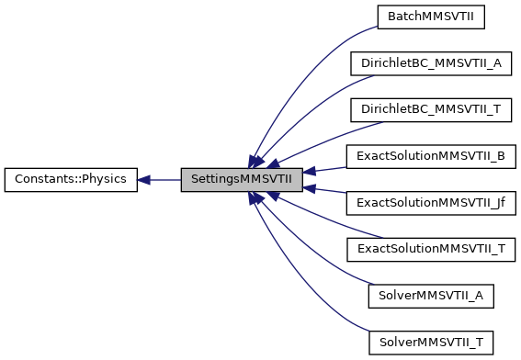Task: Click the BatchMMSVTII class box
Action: pos(430,16)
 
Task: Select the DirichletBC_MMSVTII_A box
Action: pos(430,62)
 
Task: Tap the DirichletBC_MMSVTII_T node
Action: pos(430,109)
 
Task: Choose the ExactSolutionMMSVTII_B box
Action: pos(430,156)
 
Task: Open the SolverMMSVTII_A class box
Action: pos(430,297)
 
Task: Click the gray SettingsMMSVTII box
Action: pos(242,180)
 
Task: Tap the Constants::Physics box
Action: pos(71,180)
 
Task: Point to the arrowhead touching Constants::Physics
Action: pos(145,180)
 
